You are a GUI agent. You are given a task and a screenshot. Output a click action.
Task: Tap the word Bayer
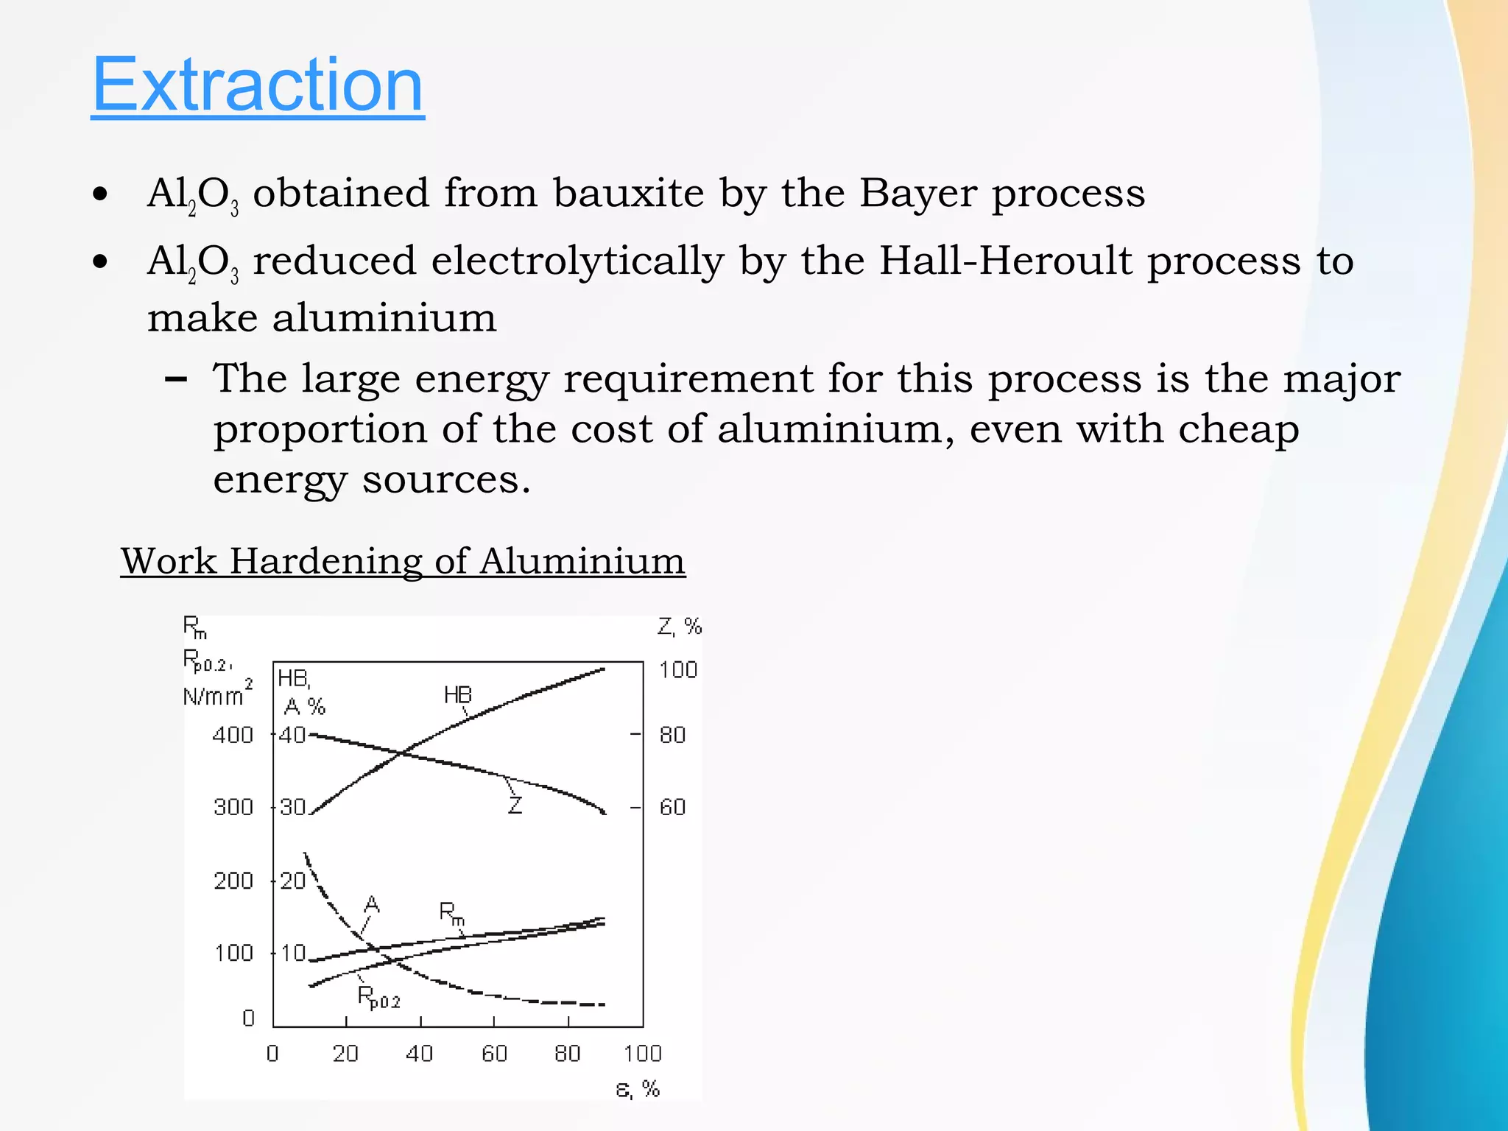[x=917, y=194]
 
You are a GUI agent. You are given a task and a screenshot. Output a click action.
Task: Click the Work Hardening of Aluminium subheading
[x=403, y=561]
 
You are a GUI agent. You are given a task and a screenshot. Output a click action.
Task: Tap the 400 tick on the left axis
[x=233, y=735]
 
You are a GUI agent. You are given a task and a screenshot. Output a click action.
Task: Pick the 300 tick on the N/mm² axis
[x=233, y=807]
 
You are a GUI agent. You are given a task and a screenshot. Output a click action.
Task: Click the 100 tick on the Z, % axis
[x=677, y=670]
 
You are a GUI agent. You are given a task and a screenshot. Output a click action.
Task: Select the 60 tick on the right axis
[x=672, y=807]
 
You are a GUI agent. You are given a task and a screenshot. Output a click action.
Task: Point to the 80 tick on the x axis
[x=567, y=1054]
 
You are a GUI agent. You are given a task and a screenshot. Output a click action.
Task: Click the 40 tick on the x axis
[x=420, y=1054]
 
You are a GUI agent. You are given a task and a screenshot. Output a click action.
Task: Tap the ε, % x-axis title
[x=638, y=1088]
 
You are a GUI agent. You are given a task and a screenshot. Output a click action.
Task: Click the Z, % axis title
[x=679, y=627]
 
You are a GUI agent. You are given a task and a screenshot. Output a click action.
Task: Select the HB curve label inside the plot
[x=457, y=695]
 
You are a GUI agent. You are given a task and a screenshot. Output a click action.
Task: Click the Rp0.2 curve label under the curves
[x=378, y=998]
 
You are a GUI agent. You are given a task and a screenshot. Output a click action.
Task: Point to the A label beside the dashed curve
[x=372, y=904]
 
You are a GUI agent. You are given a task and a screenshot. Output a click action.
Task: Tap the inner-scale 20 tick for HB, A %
[x=292, y=881]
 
